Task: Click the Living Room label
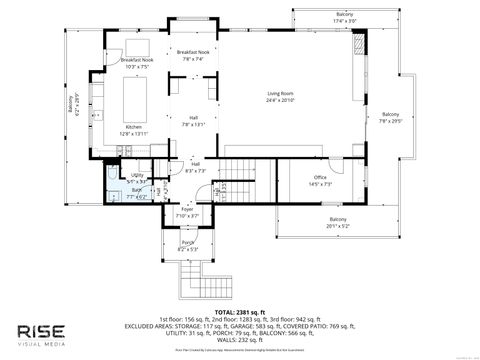click(279, 97)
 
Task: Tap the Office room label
click(320, 180)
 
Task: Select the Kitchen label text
click(133, 130)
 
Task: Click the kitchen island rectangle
click(137, 99)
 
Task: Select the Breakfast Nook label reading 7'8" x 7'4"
click(192, 55)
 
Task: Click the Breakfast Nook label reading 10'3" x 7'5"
click(136, 63)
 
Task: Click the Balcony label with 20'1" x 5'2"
click(338, 222)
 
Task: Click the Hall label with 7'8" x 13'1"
click(193, 121)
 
